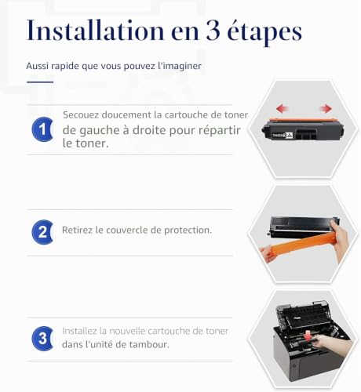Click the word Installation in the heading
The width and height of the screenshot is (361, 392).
pyautogui.click(x=96, y=31)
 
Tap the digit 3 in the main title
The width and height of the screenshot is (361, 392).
pyautogui.click(x=213, y=31)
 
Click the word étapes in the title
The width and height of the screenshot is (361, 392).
pyautogui.click(x=264, y=32)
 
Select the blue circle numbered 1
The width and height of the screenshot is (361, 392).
pyautogui.click(x=42, y=129)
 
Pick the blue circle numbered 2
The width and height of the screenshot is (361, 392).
pyautogui.click(x=42, y=232)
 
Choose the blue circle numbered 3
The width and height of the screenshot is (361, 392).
pyautogui.click(x=42, y=339)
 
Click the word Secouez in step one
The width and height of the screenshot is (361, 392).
pyautogui.click(x=81, y=114)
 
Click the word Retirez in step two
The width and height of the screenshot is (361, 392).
pyautogui.click(x=77, y=230)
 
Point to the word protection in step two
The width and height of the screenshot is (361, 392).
pyautogui.click(x=187, y=230)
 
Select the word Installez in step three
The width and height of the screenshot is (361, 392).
pyautogui.click(x=79, y=331)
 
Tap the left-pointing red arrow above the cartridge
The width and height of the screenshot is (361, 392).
pyautogui.click(x=283, y=108)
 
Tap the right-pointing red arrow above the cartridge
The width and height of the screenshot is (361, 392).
pyautogui.click(x=326, y=108)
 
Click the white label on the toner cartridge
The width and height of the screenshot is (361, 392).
pyautogui.click(x=283, y=135)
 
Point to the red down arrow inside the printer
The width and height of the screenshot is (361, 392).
pyautogui.click(x=308, y=336)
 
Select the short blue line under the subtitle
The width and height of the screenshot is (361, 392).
pyautogui.click(x=40, y=82)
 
